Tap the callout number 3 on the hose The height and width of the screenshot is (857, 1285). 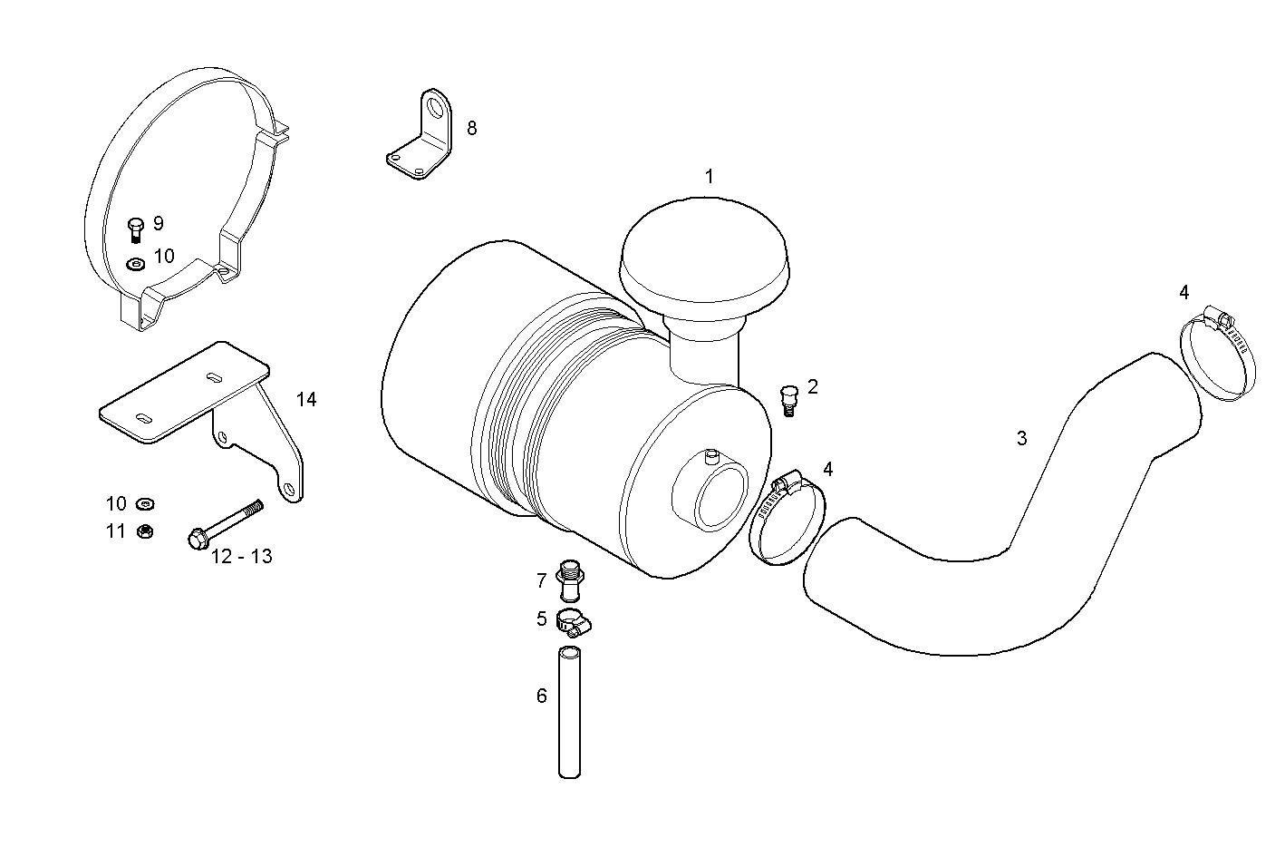pyautogui.click(x=1021, y=439)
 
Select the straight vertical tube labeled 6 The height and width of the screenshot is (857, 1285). pyautogui.click(x=569, y=715)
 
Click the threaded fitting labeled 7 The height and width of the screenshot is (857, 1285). pyautogui.click(x=569, y=580)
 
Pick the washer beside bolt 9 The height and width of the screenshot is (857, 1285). pyautogui.click(x=135, y=264)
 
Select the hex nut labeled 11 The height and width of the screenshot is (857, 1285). pyautogui.click(x=143, y=531)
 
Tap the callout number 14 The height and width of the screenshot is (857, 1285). pyautogui.click(x=306, y=399)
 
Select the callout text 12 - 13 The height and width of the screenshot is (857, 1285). pyautogui.click(x=241, y=557)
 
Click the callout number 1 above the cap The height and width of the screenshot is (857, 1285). pyautogui.click(x=709, y=176)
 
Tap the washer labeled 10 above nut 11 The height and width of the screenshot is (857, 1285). pyautogui.click(x=143, y=503)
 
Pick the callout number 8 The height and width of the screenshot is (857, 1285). pyautogui.click(x=471, y=128)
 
